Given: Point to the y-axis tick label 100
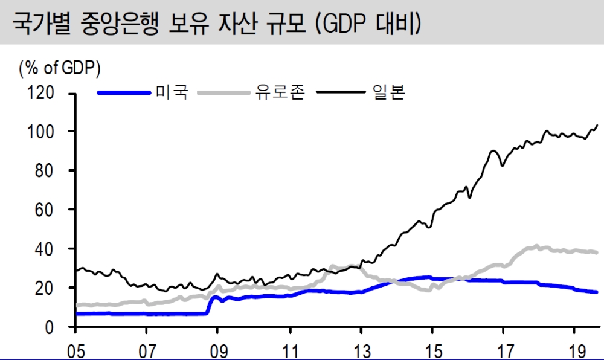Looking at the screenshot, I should pos(42,132).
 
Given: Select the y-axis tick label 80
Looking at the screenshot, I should pos(46,170).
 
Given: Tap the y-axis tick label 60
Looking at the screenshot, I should pos(46,210).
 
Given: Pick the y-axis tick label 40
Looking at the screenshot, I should pos(46,249).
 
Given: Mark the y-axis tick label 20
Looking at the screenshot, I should pos(46,288).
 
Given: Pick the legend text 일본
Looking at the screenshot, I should pos(387,92).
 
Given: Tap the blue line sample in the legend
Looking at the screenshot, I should pos(124,92).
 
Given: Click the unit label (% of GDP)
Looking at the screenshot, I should pos(60,68).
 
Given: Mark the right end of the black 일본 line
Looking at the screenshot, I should pos(597,125).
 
